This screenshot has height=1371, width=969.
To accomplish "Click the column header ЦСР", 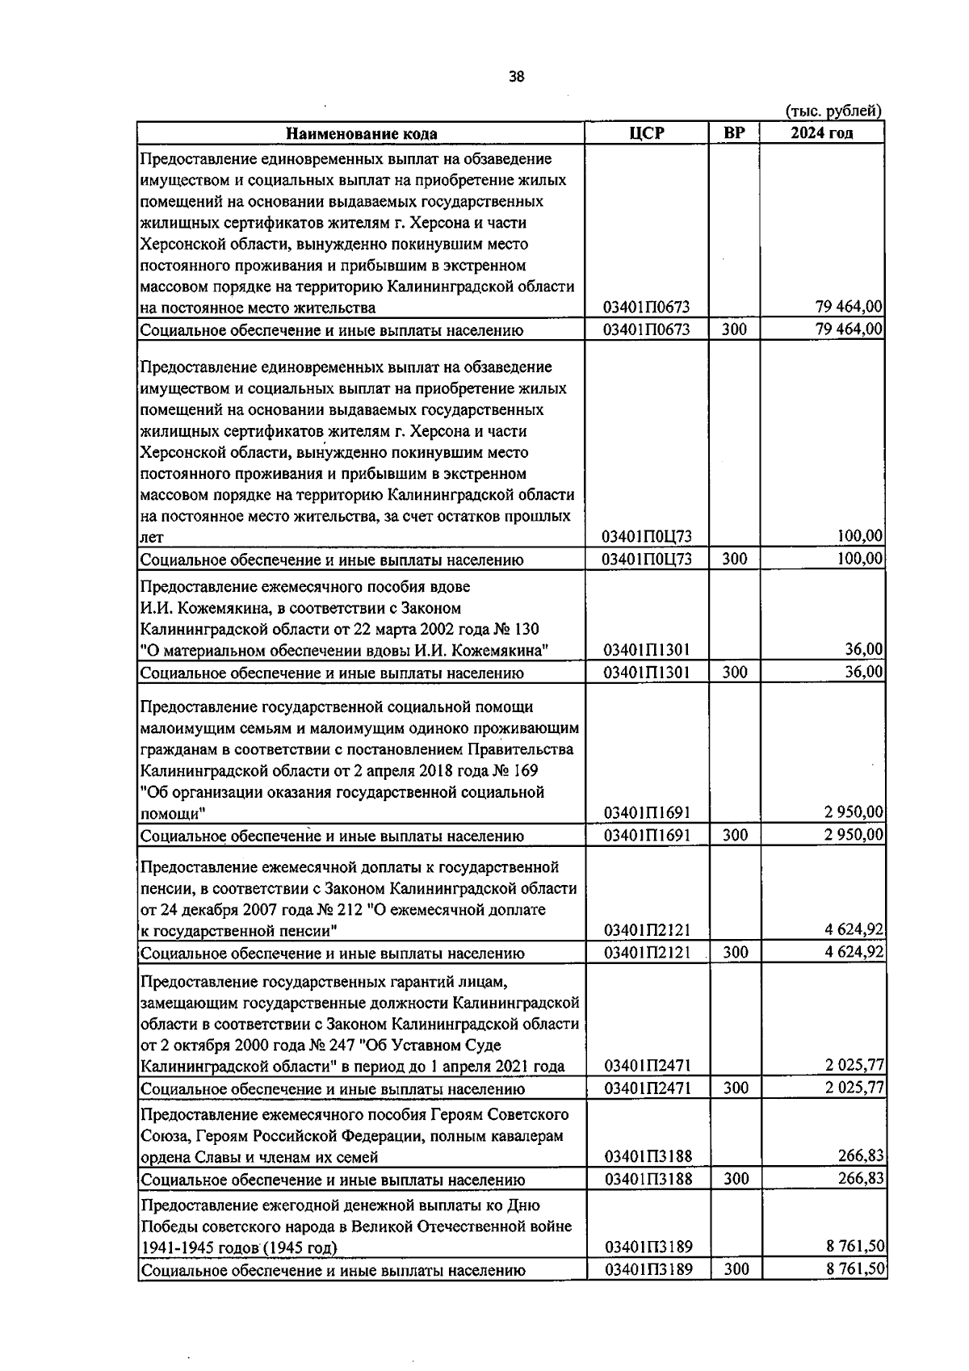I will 646,133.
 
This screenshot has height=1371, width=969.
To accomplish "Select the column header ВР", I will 734,133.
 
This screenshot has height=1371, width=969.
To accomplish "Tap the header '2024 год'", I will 821,133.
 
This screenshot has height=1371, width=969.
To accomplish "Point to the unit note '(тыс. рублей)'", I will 833,111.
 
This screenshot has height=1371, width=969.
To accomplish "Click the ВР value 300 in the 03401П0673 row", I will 734,329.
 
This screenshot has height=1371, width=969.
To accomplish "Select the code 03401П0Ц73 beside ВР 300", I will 646,560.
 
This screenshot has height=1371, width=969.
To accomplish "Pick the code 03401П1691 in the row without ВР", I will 646,812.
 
